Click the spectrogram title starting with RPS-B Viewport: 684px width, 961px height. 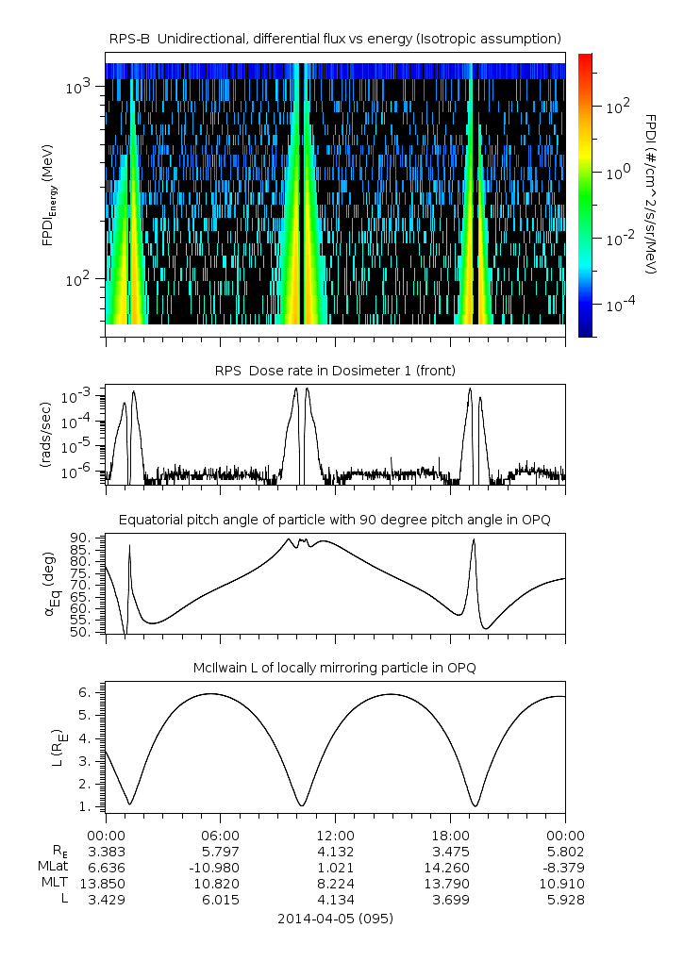point(335,38)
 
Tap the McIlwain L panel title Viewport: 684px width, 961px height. point(335,668)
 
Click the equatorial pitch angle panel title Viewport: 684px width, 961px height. point(335,520)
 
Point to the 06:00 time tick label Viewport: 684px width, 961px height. point(220,836)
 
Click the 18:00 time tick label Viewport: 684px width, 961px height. point(450,836)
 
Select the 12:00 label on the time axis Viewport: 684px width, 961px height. point(335,836)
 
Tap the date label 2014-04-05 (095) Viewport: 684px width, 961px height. point(335,918)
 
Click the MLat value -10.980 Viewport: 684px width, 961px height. point(220,868)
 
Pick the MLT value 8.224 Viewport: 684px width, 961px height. point(335,884)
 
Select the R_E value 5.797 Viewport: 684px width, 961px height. point(220,852)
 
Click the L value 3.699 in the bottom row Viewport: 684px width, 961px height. point(450,900)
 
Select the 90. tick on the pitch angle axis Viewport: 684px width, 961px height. point(79,538)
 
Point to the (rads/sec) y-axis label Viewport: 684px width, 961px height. point(45,435)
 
